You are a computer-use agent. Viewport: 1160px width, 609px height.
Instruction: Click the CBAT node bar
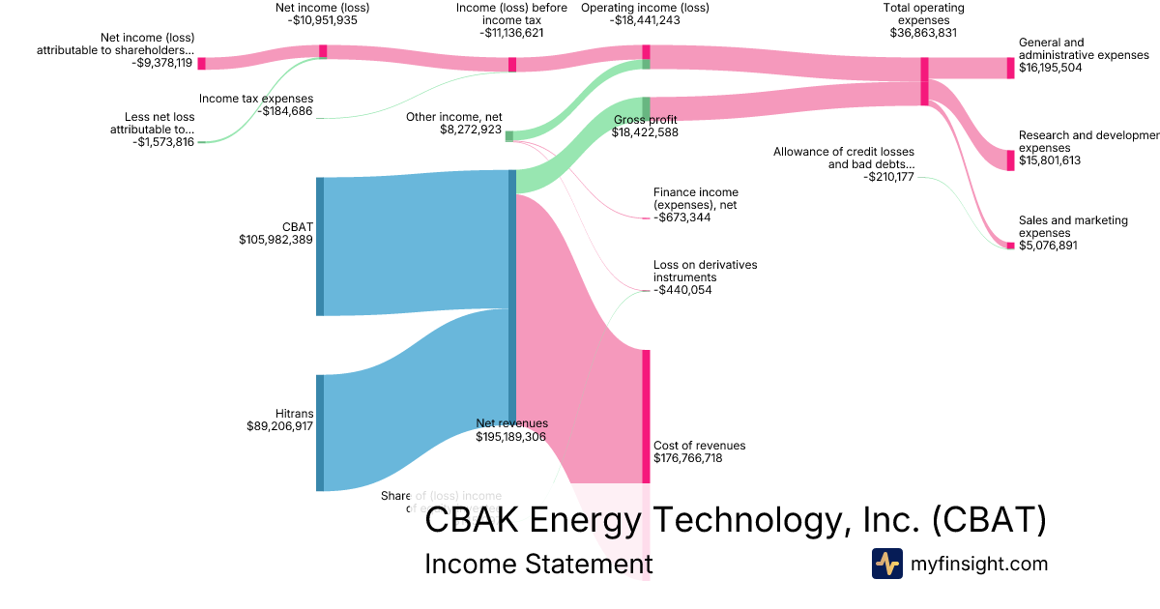pyautogui.click(x=320, y=246)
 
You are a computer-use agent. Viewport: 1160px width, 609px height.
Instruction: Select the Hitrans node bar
pyautogui.click(x=320, y=432)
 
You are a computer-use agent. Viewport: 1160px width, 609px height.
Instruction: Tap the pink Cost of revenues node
pyautogui.click(x=646, y=416)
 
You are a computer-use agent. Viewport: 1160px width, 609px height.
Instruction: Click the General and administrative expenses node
pyautogui.click(x=1010, y=68)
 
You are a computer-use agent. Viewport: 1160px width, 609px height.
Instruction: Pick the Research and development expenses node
pyautogui.click(x=1010, y=159)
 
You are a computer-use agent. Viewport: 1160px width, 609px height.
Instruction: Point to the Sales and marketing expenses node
pyautogui.click(x=1010, y=246)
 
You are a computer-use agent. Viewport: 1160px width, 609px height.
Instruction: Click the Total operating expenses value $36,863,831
pyautogui.click(x=923, y=32)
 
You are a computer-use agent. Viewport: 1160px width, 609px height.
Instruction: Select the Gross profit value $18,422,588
pyautogui.click(x=645, y=132)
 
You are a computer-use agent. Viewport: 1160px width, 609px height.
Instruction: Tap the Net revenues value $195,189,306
pyautogui.click(x=510, y=437)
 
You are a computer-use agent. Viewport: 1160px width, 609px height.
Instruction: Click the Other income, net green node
pyautogui.click(x=509, y=136)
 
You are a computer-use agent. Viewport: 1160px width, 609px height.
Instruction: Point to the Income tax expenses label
pyautogui.click(x=256, y=99)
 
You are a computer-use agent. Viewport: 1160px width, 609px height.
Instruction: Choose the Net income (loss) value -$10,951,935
pyautogui.click(x=323, y=19)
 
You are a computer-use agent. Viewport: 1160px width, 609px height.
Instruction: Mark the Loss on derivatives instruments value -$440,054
pyautogui.click(x=682, y=290)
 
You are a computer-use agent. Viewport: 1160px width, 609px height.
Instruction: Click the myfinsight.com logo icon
pyautogui.click(x=886, y=564)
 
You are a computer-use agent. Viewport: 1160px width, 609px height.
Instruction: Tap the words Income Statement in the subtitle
pyautogui.click(x=538, y=564)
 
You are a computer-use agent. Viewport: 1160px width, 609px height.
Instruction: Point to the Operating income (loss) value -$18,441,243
pyautogui.click(x=646, y=19)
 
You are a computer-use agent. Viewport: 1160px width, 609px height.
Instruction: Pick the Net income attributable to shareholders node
pyautogui.click(x=201, y=63)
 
